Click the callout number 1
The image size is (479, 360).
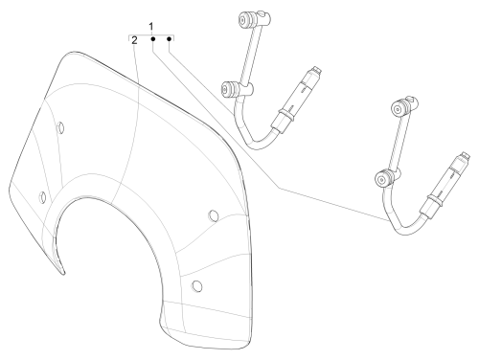pos(151,27)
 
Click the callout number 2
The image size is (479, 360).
pos(134,40)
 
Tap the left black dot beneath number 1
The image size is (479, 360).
pos(153,39)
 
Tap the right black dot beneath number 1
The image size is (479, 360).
pos(170,39)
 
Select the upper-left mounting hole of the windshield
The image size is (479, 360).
pos(60,128)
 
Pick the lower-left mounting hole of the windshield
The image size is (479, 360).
pos(42,197)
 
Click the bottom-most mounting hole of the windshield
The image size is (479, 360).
pos(197,285)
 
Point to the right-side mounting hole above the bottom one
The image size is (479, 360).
pos(214,215)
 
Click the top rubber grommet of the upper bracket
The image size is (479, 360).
pos(247,18)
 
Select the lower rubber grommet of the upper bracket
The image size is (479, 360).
pos(230,89)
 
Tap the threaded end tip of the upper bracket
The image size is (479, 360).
pos(316,70)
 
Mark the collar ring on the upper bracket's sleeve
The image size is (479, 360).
pos(285,115)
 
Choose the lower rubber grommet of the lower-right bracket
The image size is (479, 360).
pos(384,179)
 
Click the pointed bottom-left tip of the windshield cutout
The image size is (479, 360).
pos(63,273)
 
